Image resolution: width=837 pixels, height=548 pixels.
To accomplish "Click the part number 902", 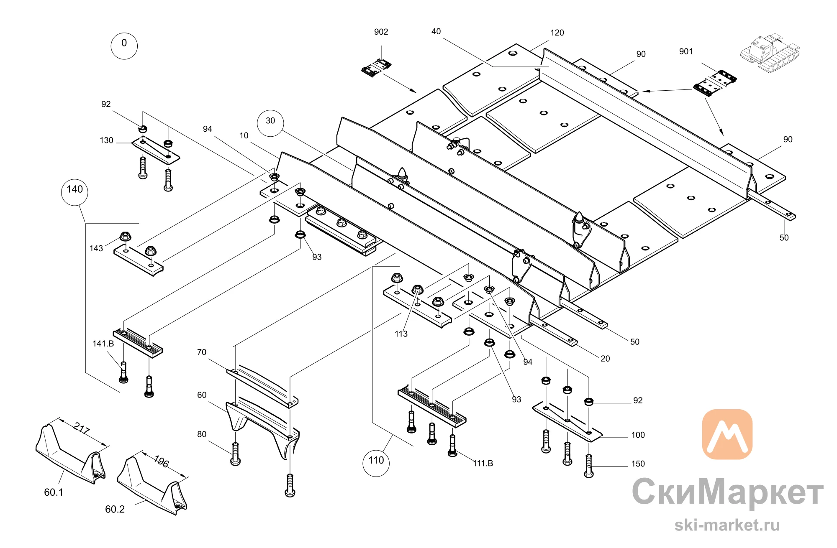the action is [x=381, y=32].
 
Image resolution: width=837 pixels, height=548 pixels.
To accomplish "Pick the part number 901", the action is [x=686, y=51].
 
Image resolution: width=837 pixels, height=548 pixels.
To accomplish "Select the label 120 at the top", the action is [x=557, y=33].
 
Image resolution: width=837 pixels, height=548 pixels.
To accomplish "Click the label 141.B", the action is [x=103, y=344].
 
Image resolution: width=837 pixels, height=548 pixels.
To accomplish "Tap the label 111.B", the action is [x=483, y=463].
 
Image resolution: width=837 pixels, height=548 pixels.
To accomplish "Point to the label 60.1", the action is [x=54, y=492].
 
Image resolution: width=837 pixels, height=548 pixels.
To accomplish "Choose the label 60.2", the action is [x=115, y=509].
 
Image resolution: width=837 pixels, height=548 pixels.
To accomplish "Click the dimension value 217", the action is [x=81, y=428].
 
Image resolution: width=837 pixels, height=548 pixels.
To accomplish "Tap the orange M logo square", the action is [x=727, y=434].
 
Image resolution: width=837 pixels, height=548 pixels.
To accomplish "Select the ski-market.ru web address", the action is [x=727, y=525].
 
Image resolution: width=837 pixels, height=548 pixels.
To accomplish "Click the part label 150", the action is [x=638, y=464].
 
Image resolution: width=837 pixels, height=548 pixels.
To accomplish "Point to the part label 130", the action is [x=106, y=140].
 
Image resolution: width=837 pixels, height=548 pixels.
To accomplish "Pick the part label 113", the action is [x=401, y=334].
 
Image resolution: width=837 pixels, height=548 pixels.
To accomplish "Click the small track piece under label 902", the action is [x=376, y=68].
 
